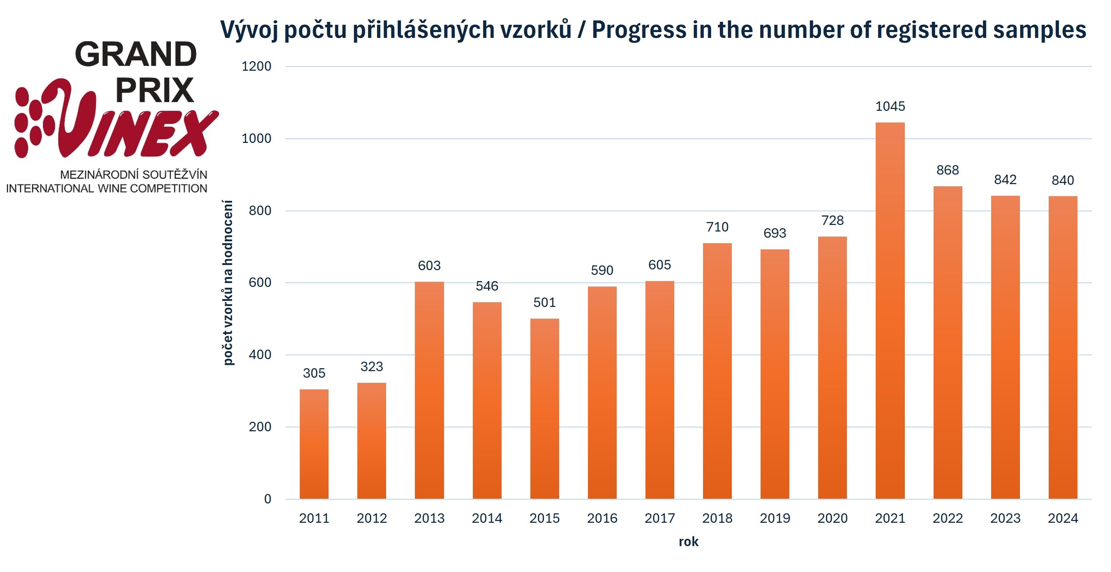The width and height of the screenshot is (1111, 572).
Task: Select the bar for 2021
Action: click(890, 311)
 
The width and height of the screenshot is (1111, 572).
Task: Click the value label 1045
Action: click(890, 106)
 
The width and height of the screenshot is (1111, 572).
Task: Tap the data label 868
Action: click(947, 170)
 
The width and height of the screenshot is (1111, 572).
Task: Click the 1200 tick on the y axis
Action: click(256, 66)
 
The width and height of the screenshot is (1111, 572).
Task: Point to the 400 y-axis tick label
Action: click(260, 355)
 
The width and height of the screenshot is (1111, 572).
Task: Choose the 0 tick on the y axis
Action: click(267, 499)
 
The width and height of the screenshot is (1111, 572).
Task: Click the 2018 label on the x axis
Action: click(717, 518)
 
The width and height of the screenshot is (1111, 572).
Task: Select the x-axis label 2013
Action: click(429, 518)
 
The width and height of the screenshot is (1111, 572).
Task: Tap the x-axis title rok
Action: click(688, 542)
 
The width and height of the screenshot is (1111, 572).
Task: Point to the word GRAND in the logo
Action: click(136, 55)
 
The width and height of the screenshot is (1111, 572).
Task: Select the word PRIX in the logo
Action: click(155, 91)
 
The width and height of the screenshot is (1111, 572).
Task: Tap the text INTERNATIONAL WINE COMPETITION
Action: click(106, 188)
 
